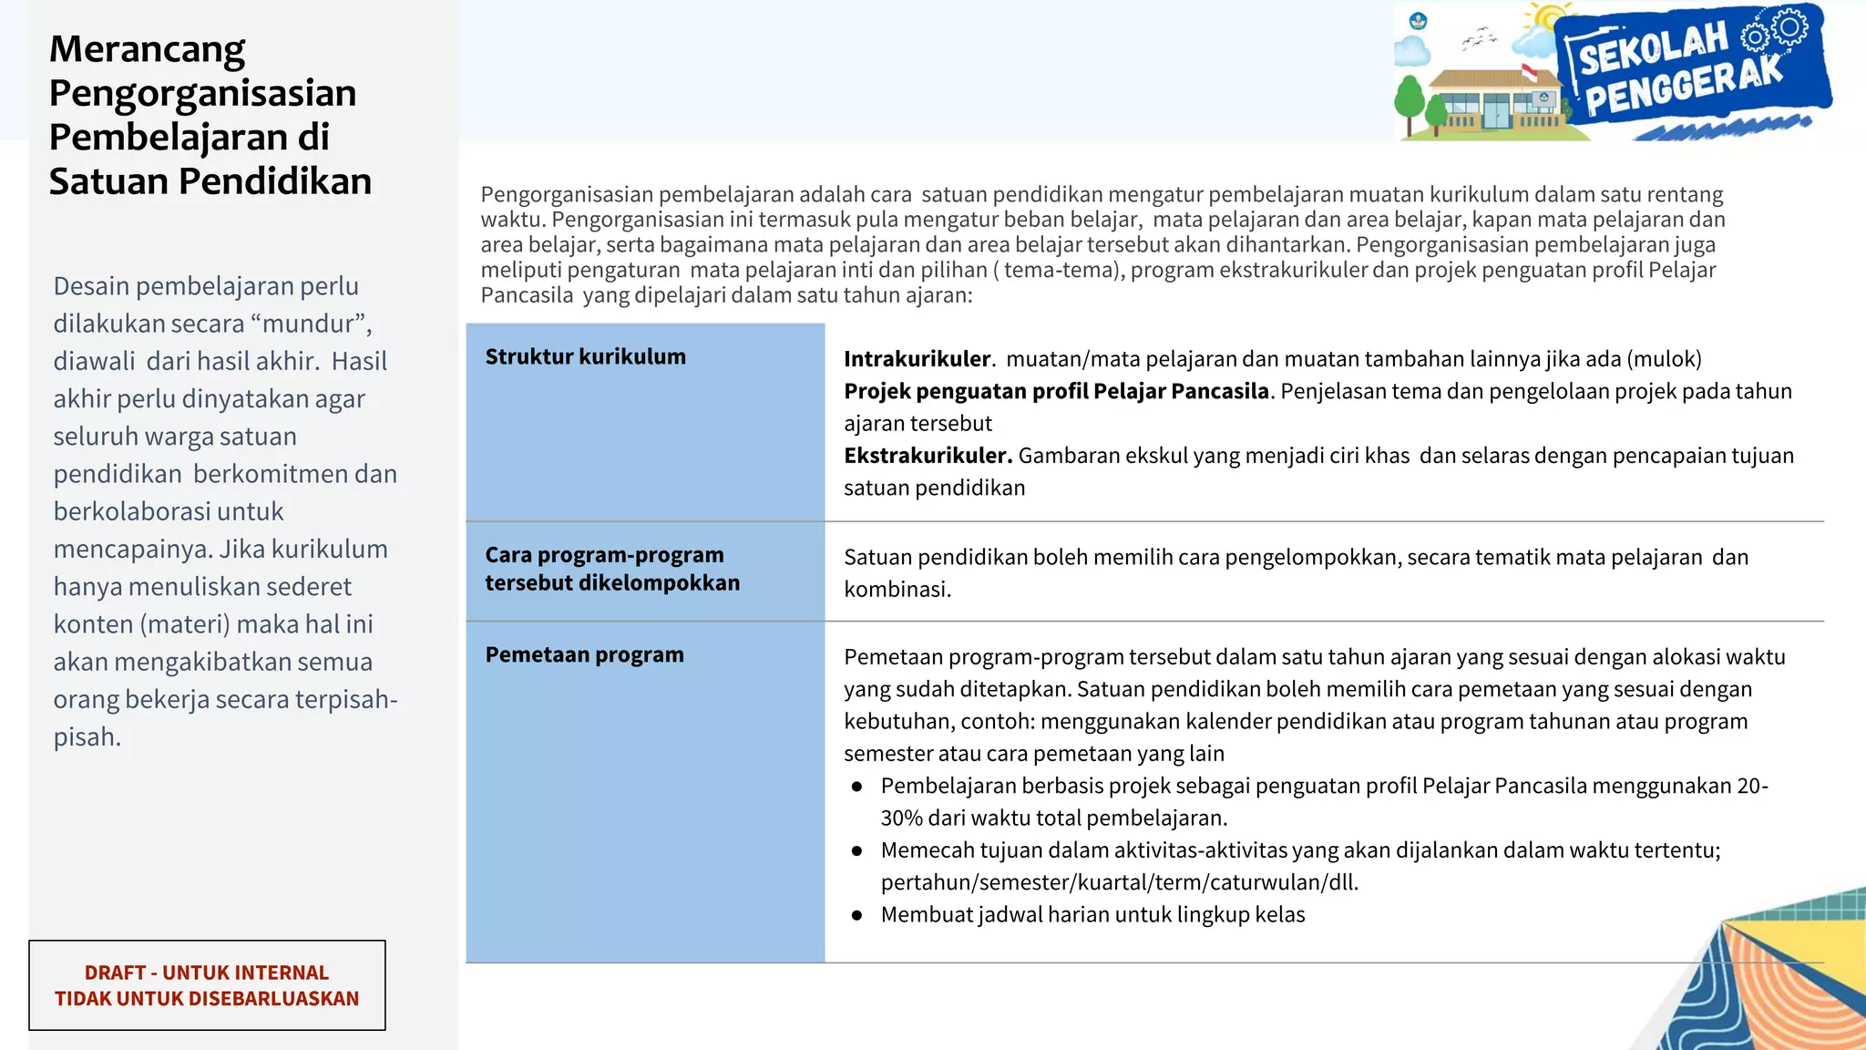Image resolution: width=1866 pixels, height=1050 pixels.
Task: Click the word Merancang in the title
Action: point(147,50)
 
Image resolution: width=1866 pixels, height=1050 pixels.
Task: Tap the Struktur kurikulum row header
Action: point(585,356)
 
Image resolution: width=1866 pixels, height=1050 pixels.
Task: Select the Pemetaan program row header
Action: point(584,654)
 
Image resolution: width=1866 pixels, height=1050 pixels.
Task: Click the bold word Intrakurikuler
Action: point(917,359)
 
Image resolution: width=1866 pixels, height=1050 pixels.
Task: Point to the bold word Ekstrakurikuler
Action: point(928,456)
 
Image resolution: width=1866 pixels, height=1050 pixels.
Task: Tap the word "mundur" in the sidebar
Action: point(310,324)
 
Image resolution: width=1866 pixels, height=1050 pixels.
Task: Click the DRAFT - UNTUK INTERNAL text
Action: point(206,973)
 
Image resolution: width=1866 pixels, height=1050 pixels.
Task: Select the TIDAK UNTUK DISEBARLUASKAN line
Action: point(206,998)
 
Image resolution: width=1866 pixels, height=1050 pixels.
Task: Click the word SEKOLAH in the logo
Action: point(1653,47)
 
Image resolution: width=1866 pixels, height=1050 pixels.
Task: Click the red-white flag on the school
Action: point(1530,71)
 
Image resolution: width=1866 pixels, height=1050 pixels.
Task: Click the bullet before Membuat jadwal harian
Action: point(856,915)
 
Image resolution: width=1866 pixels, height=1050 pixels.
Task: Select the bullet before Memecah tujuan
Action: point(856,850)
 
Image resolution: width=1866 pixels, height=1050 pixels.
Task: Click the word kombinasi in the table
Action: point(896,590)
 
